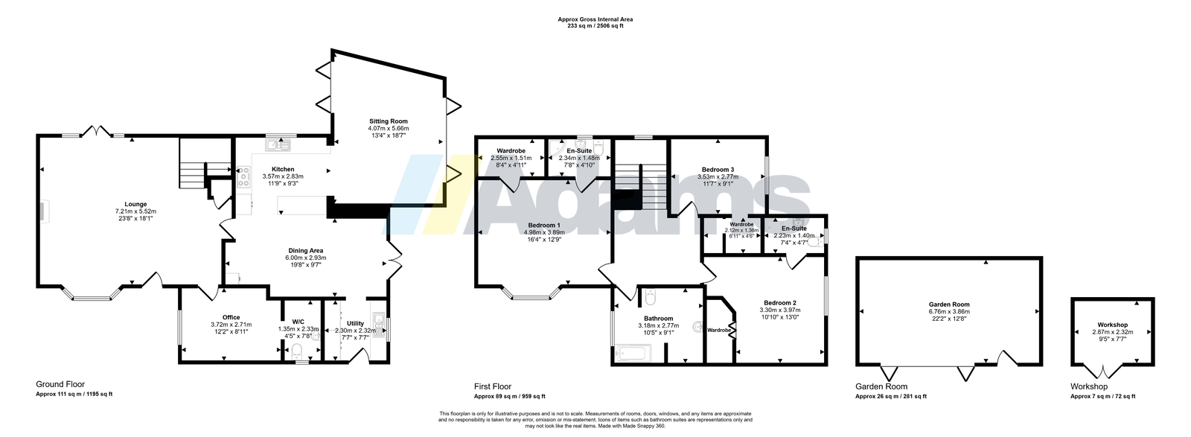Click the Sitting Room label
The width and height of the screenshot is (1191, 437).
point(389,121)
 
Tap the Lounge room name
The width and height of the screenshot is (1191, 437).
point(135,204)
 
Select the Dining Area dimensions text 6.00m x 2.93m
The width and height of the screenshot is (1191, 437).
point(306,258)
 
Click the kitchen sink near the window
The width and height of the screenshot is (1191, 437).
point(278,144)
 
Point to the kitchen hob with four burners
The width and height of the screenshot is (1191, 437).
point(244,177)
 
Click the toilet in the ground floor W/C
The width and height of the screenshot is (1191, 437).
point(297,351)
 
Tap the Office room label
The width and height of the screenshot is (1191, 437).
point(232,317)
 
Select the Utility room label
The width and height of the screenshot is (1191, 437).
point(355,323)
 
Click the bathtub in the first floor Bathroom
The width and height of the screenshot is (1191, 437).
point(633,352)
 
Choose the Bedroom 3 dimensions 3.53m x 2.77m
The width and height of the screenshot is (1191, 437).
point(718,177)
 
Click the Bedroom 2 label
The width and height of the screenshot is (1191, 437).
point(780,303)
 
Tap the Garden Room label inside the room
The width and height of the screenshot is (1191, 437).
point(949,304)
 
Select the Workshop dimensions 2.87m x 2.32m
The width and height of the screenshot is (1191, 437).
point(1113,332)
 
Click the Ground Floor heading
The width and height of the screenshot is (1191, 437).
point(60,384)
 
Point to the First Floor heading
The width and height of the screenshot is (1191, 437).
point(493,386)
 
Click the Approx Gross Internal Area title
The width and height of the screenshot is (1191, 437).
point(595,19)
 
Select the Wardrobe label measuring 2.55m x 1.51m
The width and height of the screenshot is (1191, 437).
point(511,150)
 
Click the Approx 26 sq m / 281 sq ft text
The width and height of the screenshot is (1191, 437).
point(890,396)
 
